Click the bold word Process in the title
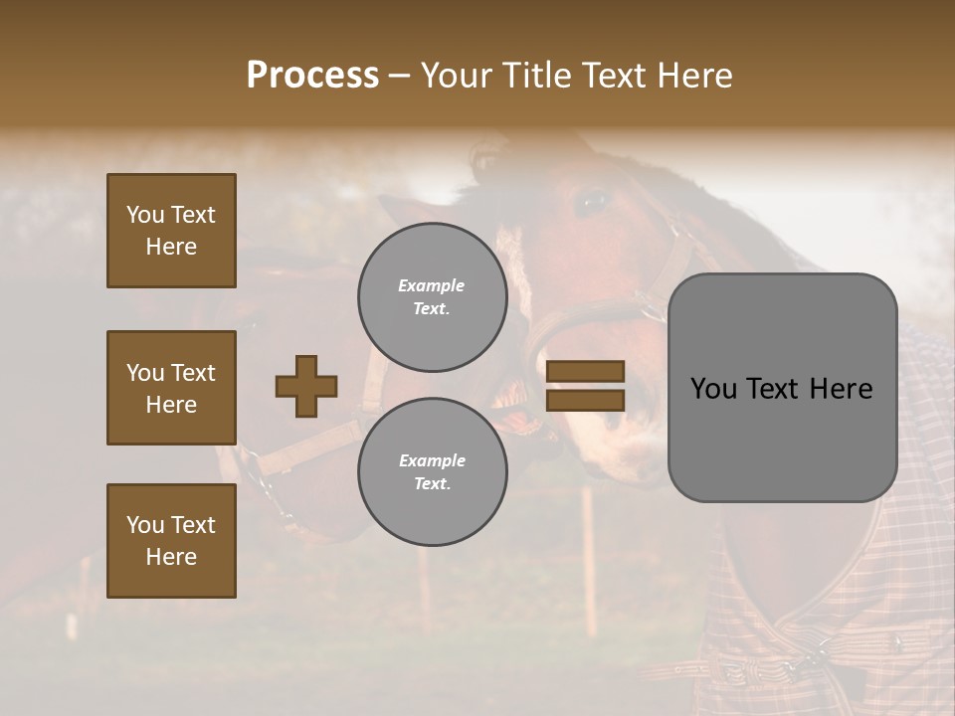[x=312, y=76]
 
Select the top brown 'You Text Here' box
[x=171, y=231]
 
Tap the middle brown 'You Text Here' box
[x=171, y=388]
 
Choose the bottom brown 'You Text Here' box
[x=171, y=541]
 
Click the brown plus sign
[x=306, y=386]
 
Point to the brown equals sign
[x=585, y=386]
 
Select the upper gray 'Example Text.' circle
[x=432, y=296]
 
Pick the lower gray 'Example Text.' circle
[x=432, y=471]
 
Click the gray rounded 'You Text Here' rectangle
[x=782, y=388]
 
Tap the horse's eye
[x=594, y=202]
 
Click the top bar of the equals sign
[x=585, y=372]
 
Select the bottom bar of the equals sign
[x=585, y=400]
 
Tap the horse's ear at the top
[x=487, y=159]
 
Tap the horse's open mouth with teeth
[x=522, y=408]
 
